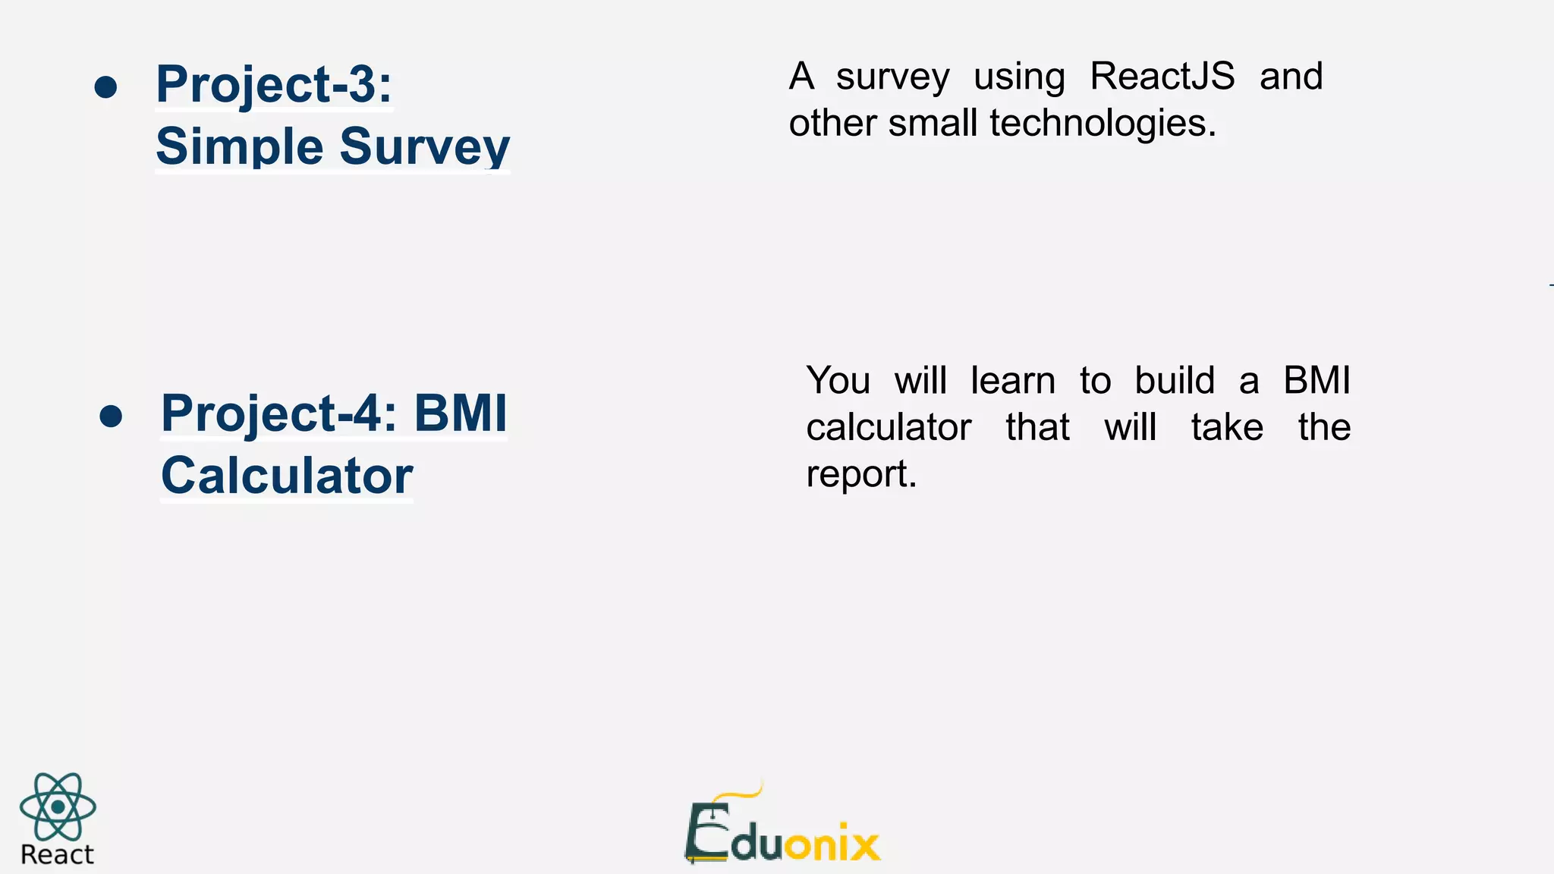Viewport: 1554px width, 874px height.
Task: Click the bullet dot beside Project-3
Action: point(106,86)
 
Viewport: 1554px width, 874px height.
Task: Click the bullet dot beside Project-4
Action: point(111,416)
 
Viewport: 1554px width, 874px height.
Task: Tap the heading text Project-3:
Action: point(274,84)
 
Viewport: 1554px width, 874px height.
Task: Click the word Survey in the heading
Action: point(425,146)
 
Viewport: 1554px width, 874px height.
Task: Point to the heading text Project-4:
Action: point(280,414)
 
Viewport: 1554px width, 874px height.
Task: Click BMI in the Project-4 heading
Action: point(461,413)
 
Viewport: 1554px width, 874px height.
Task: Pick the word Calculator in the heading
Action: point(287,476)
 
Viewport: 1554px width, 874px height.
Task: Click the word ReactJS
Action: point(1162,77)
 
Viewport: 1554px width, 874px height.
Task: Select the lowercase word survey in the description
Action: point(892,77)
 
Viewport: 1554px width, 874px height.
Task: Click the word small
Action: point(933,123)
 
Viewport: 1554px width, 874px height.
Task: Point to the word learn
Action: point(1013,380)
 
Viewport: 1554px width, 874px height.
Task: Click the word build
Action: point(1175,380)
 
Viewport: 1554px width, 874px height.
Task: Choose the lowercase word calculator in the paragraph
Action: point(889,427)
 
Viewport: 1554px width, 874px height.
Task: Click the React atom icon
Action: point(58,806)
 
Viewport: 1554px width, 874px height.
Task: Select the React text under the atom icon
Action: point(57,855)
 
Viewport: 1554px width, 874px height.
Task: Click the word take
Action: point(1227,427)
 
